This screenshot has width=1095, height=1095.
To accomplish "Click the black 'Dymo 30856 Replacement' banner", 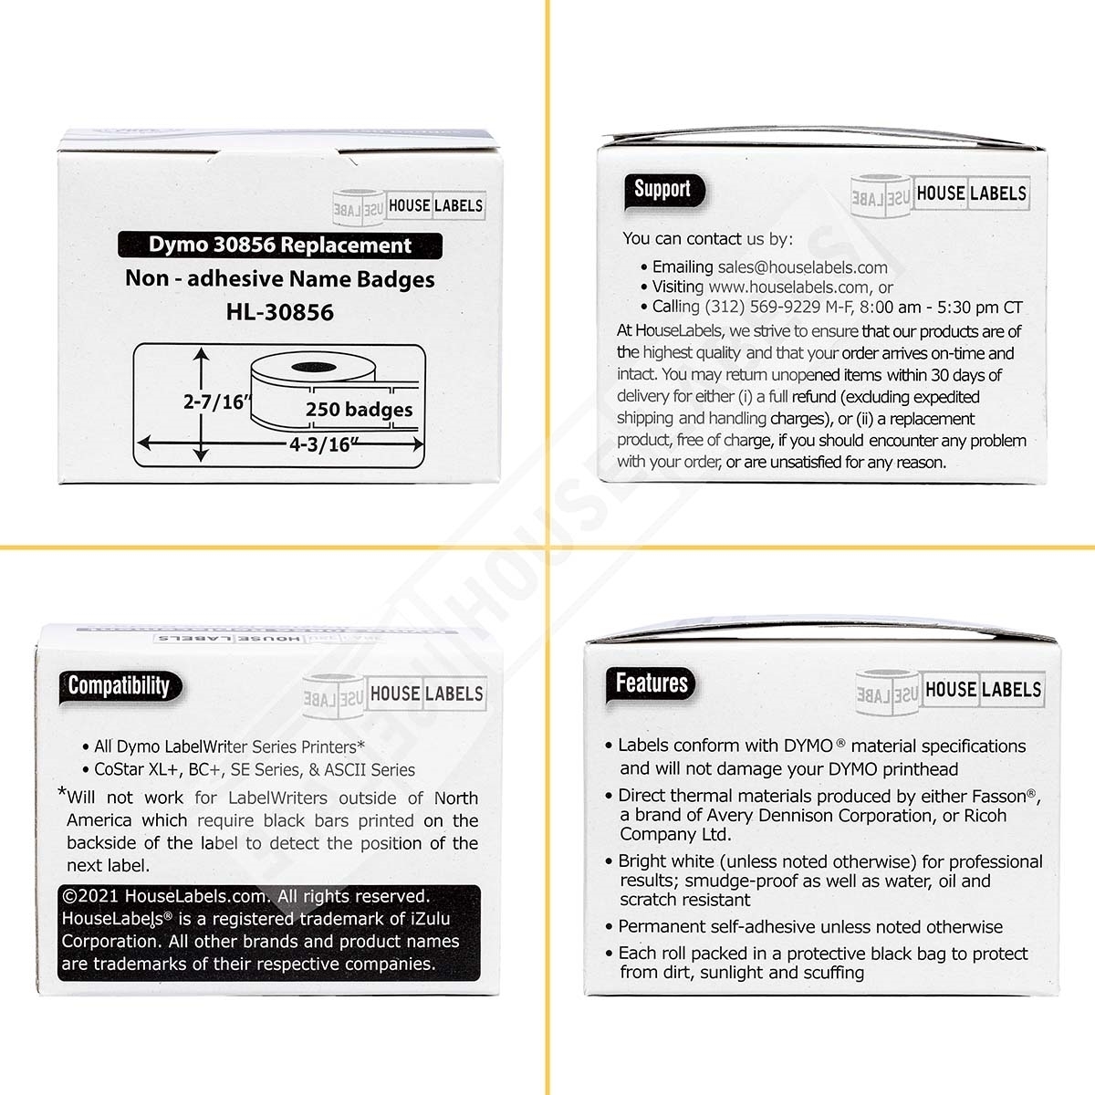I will click(x=281, y=245).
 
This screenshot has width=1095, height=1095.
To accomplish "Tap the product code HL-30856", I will click(x=280, y=312).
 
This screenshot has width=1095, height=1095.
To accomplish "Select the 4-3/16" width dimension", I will click(x=308, y=444).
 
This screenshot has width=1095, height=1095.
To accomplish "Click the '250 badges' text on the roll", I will click(x=359, y=410).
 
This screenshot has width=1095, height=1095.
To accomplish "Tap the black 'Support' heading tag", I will click(x=662, y=191).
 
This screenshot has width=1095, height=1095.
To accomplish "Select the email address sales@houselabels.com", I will click(x=802, y=267).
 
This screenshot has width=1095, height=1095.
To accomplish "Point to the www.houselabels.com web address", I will click(x=791, y=287).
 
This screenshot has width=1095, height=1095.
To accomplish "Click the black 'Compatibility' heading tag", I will click(x=120, y=686).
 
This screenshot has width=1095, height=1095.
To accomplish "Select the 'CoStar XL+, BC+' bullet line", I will click(x=255, y=770).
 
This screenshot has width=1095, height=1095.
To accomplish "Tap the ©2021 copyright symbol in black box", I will click(x=70, y=897).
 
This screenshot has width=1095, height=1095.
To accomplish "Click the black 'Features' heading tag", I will click(x=652, y=683).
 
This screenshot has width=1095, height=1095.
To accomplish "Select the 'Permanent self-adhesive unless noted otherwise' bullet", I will click(x=810, y=927).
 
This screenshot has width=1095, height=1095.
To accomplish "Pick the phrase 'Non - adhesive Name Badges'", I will click(x=280, y=279).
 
